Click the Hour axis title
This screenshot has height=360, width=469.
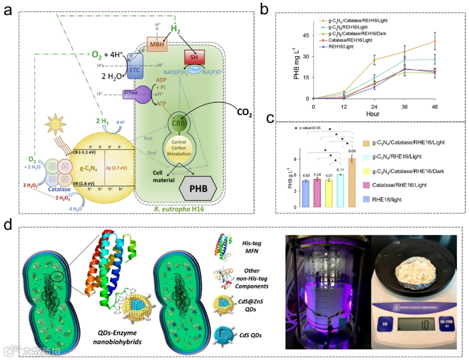(372, 114)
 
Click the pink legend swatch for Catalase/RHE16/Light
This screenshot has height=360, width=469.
(367, 185)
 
